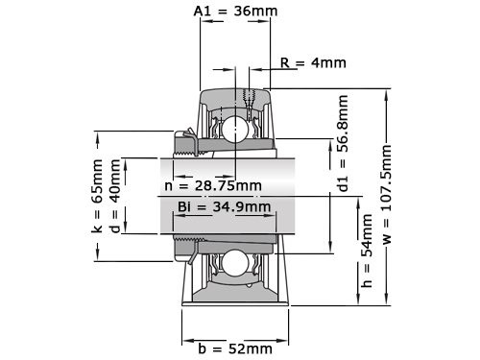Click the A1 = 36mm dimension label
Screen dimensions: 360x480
coord(235,12)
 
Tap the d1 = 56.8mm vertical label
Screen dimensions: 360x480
coord(343,143)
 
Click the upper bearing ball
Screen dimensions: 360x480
coord(234,129)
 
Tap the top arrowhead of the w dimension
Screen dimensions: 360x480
coord(387,91)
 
